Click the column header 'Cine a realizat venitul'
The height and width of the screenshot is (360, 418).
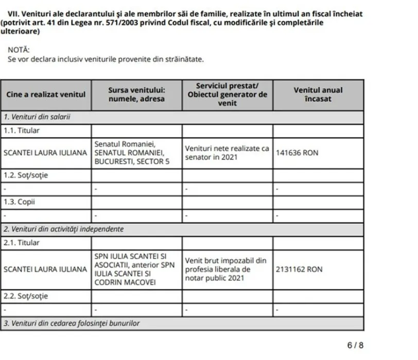pos(46,95)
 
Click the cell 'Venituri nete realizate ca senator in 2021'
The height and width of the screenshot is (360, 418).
pos(227,153)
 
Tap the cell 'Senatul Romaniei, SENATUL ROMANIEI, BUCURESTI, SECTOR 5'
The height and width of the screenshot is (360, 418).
pos(136,153)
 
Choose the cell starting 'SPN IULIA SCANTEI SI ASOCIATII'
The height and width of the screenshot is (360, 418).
pos(136,269)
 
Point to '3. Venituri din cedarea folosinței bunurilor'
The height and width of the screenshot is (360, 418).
pos(72,323)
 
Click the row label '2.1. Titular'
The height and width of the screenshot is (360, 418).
pos(22,242)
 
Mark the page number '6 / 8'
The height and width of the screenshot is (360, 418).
pos(355,345)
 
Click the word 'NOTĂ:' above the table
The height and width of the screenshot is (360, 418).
pos(19,49)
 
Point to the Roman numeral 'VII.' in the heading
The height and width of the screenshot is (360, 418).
pos(23,13)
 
